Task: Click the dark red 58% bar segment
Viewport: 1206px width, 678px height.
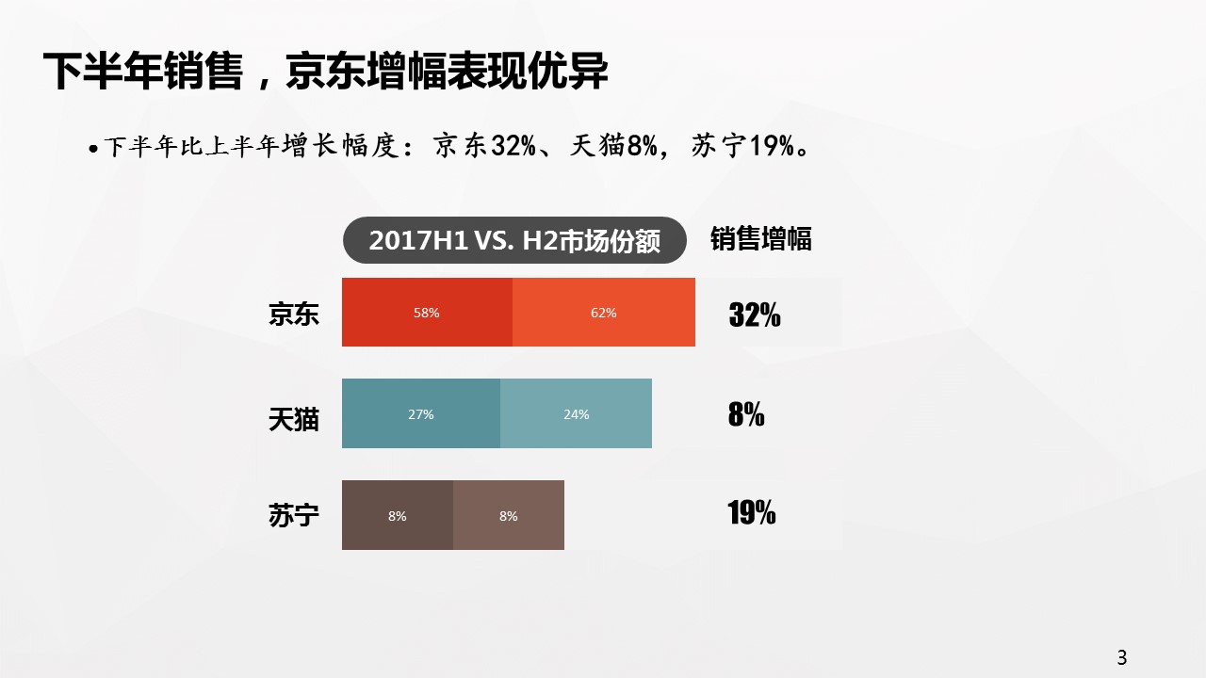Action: click(x=427, y=312)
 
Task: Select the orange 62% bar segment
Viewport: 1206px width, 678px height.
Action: click(x=604, y=312)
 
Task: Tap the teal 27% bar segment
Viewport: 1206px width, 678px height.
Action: click(x=421, y=413)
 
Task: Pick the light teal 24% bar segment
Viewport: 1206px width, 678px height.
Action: click(x=576, y=413)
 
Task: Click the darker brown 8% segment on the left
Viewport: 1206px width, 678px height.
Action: click(x=398, y=515)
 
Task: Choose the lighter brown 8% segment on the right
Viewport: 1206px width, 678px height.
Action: click(x=509, y=515)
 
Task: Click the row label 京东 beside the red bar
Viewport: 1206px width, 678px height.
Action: click(x=294, y=314)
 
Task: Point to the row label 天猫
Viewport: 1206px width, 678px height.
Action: click(x=294, y=419)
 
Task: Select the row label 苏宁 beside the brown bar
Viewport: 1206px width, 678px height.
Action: click(x=294, y=515)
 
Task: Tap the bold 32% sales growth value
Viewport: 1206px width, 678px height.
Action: click(x=755, y=315)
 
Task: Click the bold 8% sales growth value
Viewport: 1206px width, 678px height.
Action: click(x=746, y=414)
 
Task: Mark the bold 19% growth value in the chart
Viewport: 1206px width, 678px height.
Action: click(x=752, y=512)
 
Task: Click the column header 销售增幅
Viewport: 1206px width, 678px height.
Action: click(x=760, y=239)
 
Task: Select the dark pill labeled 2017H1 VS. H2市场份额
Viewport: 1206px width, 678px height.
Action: click(x=514, y=240)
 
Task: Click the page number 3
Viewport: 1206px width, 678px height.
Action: click(x=1122, y=657)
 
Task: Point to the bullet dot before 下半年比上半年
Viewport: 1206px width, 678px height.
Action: click(x=93, y=148)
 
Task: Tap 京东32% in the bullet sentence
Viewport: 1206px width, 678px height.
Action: click(x=484, y=145)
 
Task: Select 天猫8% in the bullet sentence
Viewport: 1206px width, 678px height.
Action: click(x=613, y=145)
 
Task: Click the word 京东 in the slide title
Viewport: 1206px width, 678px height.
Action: click(x=326, y=71)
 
